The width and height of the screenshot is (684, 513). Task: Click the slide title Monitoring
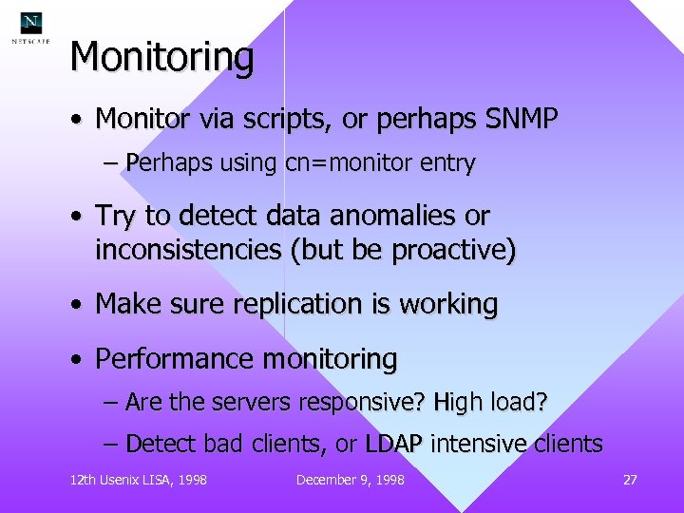click(162, 58)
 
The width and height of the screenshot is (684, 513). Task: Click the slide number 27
click(630, 480)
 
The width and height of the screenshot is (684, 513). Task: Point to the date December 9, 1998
click(350, 480)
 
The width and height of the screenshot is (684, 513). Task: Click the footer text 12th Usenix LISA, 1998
click(139, 480)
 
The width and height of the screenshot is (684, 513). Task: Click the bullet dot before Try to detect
click(74, 218)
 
